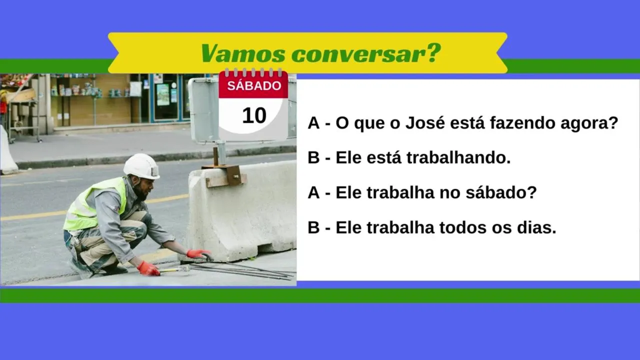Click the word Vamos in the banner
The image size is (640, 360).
click(x=243, y=53)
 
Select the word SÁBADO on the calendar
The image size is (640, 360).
click(x=254, y=86)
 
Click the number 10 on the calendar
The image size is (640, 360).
click(x=254, y=115)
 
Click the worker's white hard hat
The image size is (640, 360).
click(x=141, y=166)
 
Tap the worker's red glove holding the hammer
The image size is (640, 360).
click(x=148, y=268)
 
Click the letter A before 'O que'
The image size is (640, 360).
click(x=313, y=123)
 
